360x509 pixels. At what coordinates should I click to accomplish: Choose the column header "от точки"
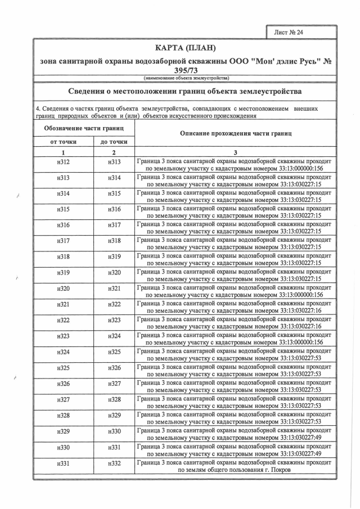(x=64, y=142)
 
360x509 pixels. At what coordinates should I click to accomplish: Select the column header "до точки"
(x=114, y=142)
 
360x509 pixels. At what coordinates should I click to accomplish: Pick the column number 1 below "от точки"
(x=64, y=152)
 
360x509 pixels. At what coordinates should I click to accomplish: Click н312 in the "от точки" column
(x=64, y=163)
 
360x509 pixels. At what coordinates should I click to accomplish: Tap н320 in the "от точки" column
(x=64, y=289)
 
